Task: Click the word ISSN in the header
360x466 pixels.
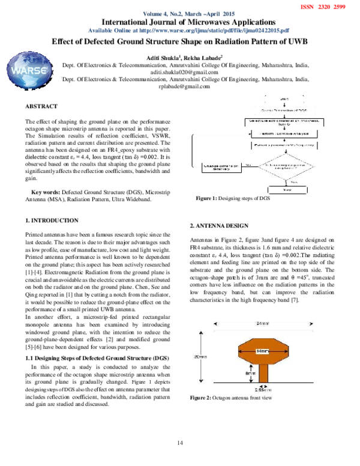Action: click(306, 5)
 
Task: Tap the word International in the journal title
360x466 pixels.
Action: click(134, 22)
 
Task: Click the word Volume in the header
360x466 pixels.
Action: click(154, 14)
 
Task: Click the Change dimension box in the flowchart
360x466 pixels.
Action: click(221, 168)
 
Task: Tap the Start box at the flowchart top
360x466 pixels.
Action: click(283, 98)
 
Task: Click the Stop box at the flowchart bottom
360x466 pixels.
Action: click(287, 190)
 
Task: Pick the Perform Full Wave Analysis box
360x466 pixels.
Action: click(282, 133)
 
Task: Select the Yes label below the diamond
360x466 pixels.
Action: click(286, 181)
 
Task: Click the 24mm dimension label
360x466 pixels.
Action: click(262, 324)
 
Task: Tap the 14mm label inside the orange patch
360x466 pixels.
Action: click(262, 351)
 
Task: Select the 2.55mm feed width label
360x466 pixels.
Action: click(262, 389)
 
